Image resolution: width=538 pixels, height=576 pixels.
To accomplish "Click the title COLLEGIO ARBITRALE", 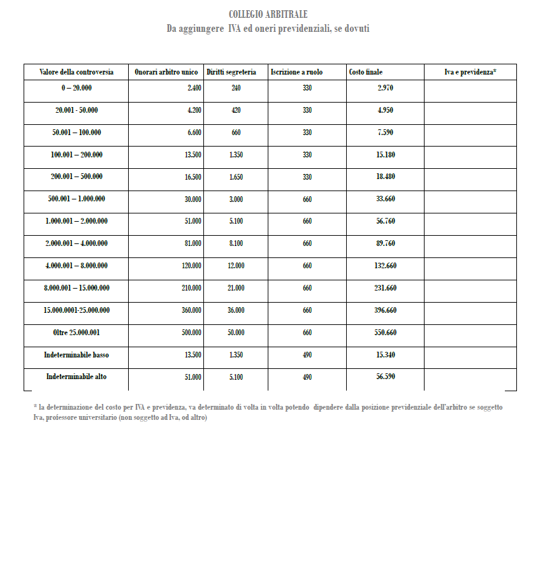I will [268, 14].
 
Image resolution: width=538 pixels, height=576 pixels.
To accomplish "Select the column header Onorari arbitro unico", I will [166, 72].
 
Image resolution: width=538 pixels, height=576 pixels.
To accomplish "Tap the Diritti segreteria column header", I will [231, 72].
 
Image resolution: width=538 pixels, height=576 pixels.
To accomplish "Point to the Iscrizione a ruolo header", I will [296, 72].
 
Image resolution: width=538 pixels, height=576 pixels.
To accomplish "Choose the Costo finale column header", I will [366, 72].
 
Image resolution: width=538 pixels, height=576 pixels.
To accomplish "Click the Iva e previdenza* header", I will [470, 72].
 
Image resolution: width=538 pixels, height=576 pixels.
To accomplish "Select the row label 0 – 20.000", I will [76, 88].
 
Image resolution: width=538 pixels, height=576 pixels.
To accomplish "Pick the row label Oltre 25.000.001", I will [76, 333].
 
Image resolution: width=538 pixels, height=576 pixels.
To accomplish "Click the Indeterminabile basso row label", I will [76, 355].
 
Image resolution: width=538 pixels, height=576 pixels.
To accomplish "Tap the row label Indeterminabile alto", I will [76, 377].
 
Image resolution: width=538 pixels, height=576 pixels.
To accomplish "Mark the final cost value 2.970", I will [385, 88].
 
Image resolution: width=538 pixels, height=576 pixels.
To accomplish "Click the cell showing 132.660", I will [385, 266].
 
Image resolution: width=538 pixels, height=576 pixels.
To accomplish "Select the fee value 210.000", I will [191, 288].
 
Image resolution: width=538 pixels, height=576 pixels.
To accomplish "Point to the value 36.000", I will [236, 310].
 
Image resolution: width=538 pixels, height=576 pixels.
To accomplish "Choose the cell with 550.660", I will [385, 333].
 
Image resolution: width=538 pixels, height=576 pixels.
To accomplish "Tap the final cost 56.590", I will [385, 377].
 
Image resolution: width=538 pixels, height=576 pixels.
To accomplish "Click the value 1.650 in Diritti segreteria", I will [236, 177].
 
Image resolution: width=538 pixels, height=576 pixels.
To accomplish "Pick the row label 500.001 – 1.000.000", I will [76, 199].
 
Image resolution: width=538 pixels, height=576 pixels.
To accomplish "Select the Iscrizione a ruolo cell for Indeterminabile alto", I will [307, 377].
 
